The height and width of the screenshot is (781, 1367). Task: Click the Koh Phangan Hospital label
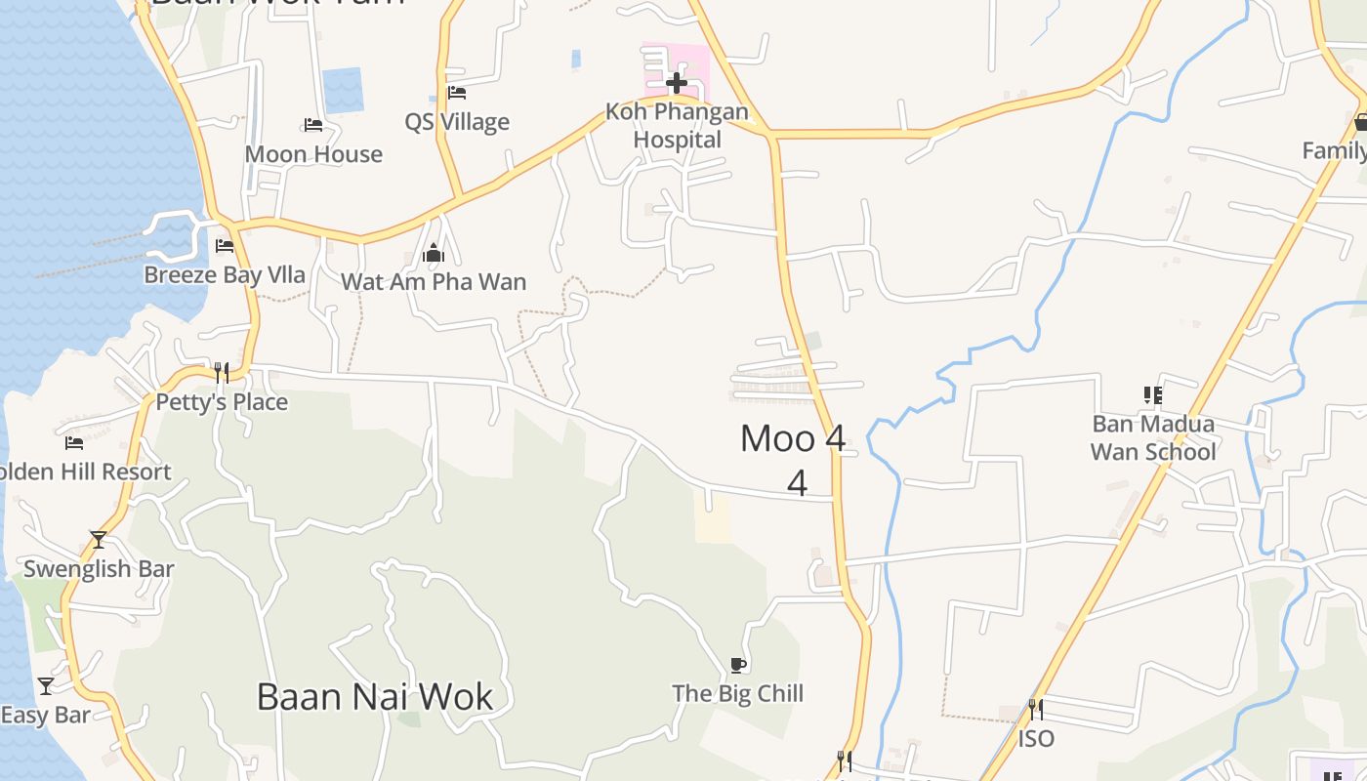tap(677, 126)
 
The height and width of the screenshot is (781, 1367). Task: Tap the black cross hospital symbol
tap(676, 82)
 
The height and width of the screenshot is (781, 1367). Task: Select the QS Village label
tap(457, 122)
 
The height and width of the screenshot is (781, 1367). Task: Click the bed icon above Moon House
tap(313, 125)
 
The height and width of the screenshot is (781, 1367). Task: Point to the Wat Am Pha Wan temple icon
tap(434, 254)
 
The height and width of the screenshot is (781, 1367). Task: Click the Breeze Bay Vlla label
tap(225, 275)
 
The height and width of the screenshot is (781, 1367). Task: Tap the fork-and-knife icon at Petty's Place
tap(222, 372)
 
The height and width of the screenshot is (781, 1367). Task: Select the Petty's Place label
tap(222, 402)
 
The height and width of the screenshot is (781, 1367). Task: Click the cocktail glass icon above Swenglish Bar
tap(99, 539)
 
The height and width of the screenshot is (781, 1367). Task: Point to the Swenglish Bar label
tap(99, 569)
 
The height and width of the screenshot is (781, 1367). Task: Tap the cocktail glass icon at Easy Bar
tap(46, 685)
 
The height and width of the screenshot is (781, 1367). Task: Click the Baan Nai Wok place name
tap(375, 697)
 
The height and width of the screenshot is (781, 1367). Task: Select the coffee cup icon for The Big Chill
tap(738, 666)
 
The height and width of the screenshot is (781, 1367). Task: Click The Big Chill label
tap(737, 694)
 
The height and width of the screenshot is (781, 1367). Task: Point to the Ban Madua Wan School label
tap(1153, 437)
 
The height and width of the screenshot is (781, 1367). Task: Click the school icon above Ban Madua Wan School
tap(1153, 395)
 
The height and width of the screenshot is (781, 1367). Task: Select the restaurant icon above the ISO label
tap(1036, 709)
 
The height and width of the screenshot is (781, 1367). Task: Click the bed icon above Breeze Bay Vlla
tap(225, 245)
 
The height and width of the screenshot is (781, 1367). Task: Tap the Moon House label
tap(313, 154)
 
